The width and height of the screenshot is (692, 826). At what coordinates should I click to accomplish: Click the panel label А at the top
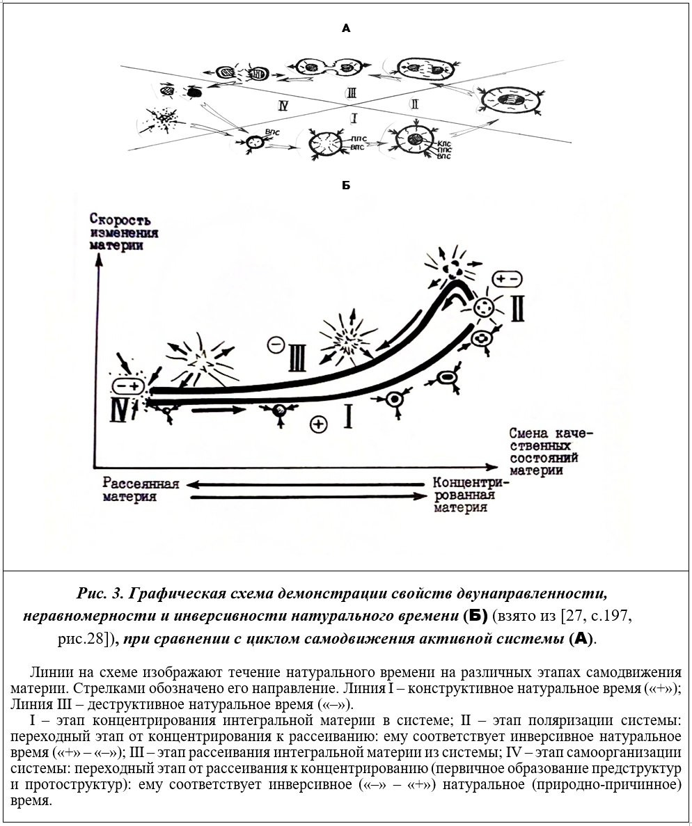[346, 29]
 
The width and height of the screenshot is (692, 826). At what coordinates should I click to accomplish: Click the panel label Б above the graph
[346, 186]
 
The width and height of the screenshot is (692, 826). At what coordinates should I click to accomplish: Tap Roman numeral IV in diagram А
[282, 106]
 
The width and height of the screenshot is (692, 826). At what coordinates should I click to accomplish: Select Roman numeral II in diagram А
[414, 104]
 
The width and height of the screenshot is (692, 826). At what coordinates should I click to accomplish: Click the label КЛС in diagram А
[443, 142]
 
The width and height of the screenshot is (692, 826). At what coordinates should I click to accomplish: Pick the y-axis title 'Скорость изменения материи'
[123, 231]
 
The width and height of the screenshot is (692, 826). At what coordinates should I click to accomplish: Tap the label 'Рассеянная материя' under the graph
[141, 490]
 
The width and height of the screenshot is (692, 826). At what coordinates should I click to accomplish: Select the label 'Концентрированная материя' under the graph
[470, 494]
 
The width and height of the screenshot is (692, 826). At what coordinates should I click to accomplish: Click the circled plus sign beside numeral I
[319, 424]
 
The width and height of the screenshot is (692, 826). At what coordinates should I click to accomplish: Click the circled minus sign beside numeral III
[276, 344]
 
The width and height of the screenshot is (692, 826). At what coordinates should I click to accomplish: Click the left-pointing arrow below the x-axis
[306, 484]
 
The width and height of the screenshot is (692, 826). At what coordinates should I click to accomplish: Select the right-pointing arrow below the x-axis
[306, 497]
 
